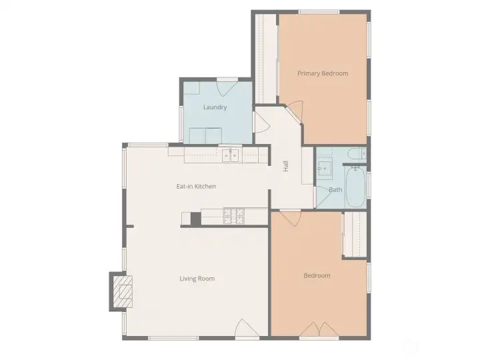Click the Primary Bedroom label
[x=323, y=73]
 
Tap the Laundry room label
[x=215, y=107]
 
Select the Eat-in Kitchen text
[x=196, y=187]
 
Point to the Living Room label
[x=197, y=279]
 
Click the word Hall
[x=286, y=167]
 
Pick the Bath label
[x=335, y=190]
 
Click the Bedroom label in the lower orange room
[x=317, y=276]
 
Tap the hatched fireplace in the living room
[x=122, y=291]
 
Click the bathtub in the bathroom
[x=353, y=187]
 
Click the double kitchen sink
[x=231, y=155]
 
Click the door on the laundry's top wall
[x=227, y=84]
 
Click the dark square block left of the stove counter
[x=195, y=218]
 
